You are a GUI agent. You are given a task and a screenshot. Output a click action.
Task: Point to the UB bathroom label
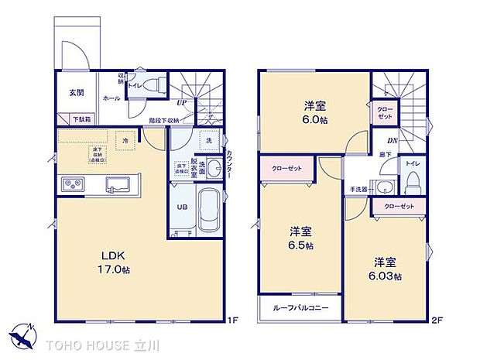coord(182,207)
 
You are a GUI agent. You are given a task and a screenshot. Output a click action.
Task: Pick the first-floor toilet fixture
coord(155,83)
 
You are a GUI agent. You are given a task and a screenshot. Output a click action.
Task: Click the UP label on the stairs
coord(180,103)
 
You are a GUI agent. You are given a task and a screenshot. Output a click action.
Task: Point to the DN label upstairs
coord(393,140)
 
